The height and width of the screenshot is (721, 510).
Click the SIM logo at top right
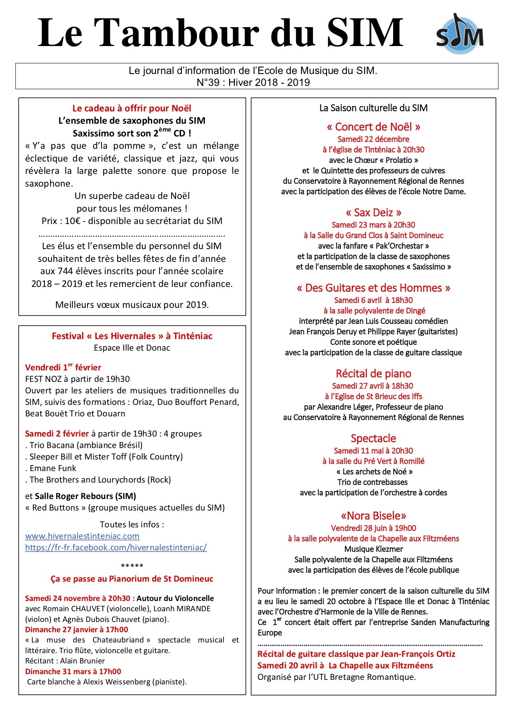coord(460,35)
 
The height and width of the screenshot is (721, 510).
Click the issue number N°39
coord(208,82)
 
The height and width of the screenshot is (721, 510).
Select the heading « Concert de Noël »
coord(373,127)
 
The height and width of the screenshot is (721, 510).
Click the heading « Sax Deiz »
coord(373,213)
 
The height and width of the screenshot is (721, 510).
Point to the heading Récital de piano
coord(373,374)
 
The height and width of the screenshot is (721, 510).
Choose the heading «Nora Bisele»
coord(373,516)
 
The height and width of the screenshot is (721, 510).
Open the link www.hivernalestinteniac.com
coord(82,536)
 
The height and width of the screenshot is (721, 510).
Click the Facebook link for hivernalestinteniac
coord(116,548)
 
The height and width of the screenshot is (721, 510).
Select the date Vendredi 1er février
coord(63,367)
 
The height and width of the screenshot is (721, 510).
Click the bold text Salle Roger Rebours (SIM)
coord(86,496)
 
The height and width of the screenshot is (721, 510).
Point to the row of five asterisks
coord(132,566)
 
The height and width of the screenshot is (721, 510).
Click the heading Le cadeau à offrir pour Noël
coord(132,109)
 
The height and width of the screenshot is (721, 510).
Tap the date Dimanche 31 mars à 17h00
coord(73,672)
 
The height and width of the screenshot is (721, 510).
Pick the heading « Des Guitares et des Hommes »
coord(373,288)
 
